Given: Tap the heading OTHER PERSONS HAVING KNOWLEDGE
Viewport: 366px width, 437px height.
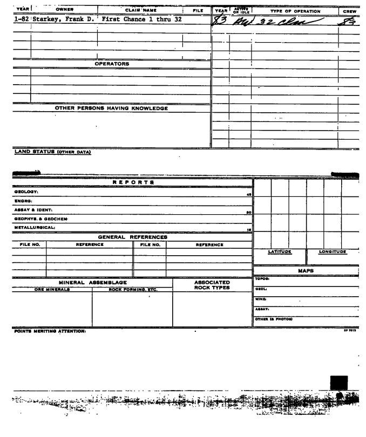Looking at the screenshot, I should click(x=112, y=108).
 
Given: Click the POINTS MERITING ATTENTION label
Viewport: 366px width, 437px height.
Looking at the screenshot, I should click(x=37, y=331).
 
